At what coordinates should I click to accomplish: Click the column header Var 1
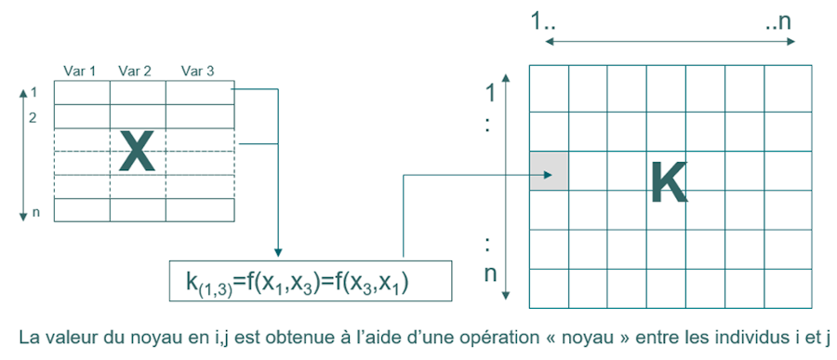click(79, 71)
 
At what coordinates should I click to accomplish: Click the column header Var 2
click(136, 71)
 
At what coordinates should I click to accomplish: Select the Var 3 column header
click(197, 71)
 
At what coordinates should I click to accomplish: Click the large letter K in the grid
click(668, 182)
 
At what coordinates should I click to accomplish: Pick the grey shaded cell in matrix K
click(548, 171)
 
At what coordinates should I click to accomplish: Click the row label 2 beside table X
click(33, 119)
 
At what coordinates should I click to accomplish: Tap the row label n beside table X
click(36, 213)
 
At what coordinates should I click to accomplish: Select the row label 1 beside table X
click(33, 93)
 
